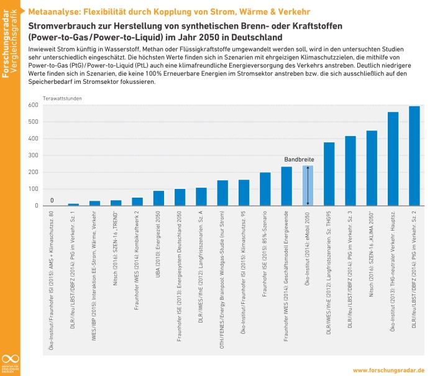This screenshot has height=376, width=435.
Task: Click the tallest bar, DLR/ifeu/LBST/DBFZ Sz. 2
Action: tap(414, 156)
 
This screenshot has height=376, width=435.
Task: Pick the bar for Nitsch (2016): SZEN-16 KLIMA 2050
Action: tap(372, 168)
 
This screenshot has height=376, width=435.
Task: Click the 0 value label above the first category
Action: tap(52, 200)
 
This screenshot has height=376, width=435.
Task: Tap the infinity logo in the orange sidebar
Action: tap(10, 359)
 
